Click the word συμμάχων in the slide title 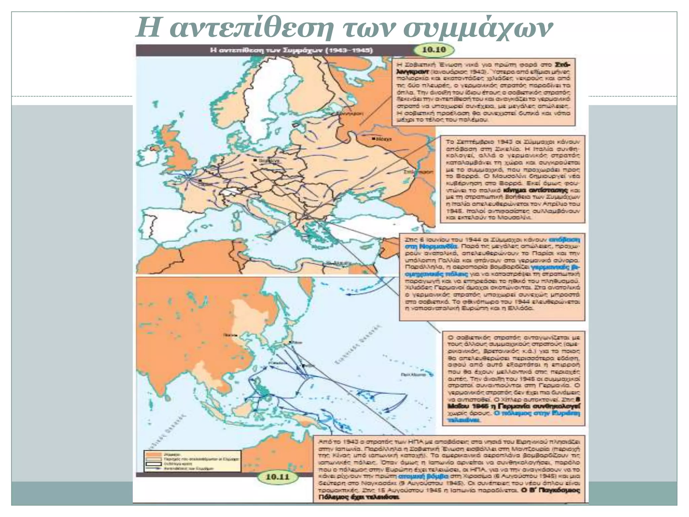478,29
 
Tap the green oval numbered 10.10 434,50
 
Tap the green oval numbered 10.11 277,477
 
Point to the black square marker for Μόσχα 373,138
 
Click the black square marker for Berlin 256,160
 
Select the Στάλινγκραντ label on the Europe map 419,172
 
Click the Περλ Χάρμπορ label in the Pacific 413,374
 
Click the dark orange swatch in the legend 153,454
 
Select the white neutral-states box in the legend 153,463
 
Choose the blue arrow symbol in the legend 153,468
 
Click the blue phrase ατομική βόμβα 423,477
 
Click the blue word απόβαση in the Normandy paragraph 564,240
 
